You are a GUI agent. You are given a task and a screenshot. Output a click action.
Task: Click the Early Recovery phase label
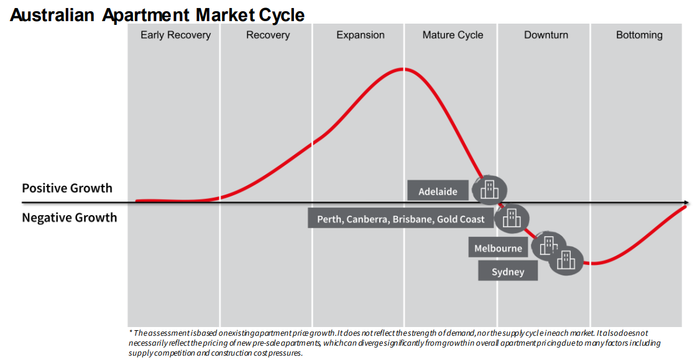[175, 35]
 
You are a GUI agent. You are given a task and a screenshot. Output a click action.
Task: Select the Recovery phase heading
[268, 35]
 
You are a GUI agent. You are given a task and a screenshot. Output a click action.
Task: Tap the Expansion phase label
[361, 35]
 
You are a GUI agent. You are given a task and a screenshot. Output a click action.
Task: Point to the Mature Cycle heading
[453, 35]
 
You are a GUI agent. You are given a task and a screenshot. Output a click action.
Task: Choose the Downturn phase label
[546, 35]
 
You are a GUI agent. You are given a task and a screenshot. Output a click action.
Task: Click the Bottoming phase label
[639, 35]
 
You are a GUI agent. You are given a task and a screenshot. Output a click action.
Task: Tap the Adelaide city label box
[438, 191]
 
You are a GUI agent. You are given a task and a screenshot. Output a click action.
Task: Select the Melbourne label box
[498, 248]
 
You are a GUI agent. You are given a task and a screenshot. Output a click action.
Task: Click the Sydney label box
[507, 271]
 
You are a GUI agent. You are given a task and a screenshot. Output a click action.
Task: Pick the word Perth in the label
[329, 219]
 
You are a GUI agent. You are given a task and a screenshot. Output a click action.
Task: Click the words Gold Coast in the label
[461, 219]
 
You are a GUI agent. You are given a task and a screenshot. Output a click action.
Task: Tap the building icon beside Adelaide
[489, 190]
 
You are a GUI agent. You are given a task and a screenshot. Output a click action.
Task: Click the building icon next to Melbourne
[548, 246]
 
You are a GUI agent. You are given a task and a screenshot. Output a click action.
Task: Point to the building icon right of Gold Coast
[512, 218]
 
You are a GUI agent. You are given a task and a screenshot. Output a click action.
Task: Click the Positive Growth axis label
[67, 188]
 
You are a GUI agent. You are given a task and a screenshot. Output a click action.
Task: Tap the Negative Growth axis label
[69, 218]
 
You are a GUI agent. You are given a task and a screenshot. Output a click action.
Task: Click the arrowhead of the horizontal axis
[686, 203]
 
